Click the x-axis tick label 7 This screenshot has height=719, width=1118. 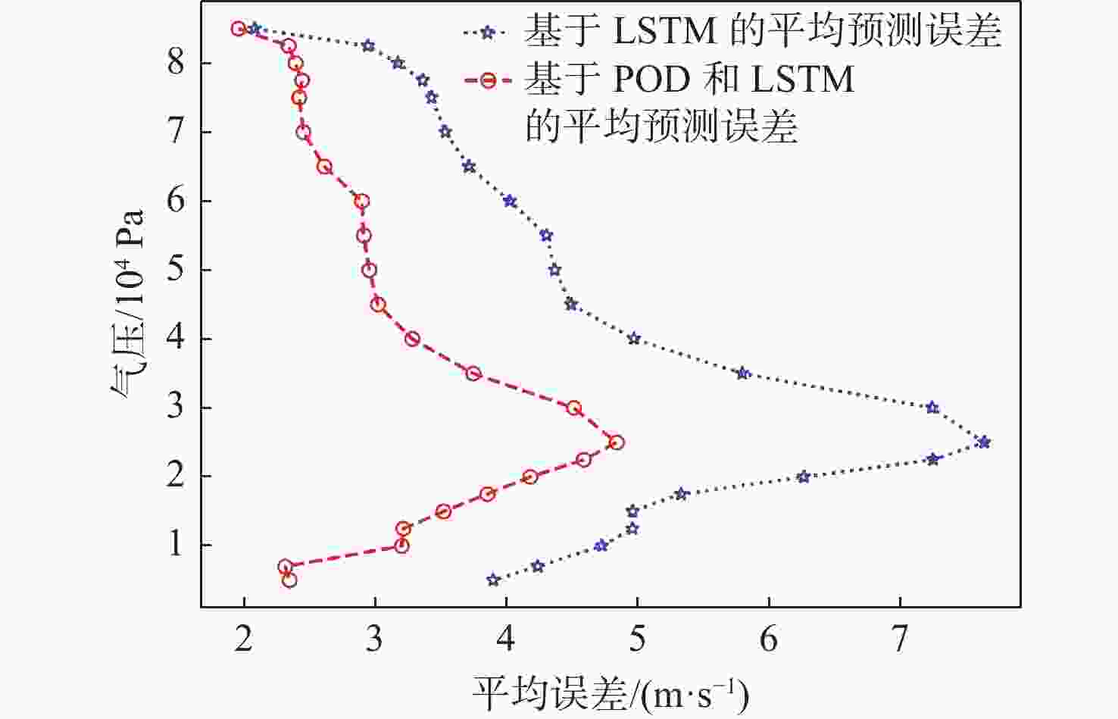900,639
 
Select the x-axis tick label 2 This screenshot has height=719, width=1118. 244,639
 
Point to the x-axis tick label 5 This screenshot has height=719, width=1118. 638,639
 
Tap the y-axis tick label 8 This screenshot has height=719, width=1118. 176,62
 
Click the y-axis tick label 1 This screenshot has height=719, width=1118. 176,544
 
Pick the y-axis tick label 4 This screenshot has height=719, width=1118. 176,338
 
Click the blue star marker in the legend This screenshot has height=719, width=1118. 487,32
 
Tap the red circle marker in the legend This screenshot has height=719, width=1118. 487,80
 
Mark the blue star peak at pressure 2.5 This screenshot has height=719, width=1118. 983,442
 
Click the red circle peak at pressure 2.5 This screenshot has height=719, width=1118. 617,442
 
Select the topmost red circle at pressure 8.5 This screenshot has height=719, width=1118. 239,29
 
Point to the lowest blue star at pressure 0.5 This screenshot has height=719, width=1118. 493,580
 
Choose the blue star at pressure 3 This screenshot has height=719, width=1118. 932,408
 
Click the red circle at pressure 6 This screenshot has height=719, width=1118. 362,201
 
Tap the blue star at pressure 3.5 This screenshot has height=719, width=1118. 743,373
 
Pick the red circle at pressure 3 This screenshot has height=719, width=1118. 574,408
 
